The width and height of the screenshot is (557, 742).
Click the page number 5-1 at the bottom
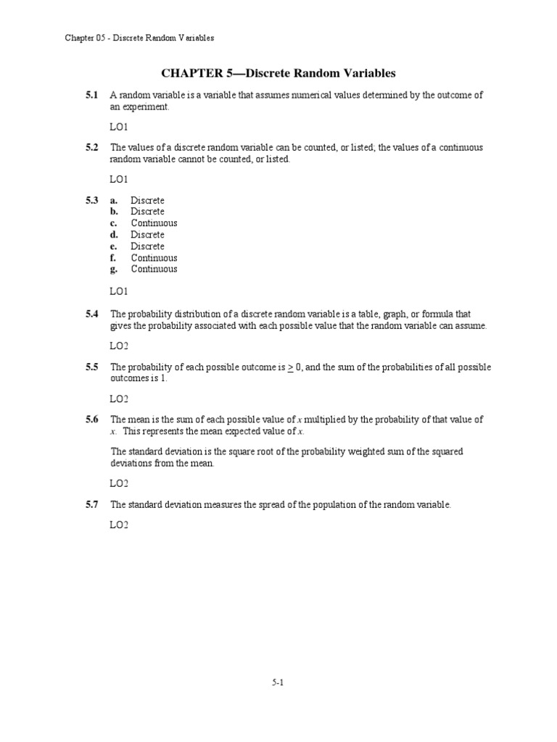coord(278,682)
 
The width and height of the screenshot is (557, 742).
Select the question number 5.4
coord(91,314)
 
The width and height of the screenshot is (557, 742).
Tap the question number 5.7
coord(91,505)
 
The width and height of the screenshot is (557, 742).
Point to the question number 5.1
coord(91,95)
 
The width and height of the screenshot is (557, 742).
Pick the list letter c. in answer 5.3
coord(114,223)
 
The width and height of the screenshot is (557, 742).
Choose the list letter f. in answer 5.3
coord(113,258)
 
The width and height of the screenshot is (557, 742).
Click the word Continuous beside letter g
coord(154,269)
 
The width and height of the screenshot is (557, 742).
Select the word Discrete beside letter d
coord(147,235)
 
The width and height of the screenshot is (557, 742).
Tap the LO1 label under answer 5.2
coord(119,178)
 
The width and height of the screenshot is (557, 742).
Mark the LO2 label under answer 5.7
coord(119,525)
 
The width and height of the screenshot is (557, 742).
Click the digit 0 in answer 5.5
coord(298,367)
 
